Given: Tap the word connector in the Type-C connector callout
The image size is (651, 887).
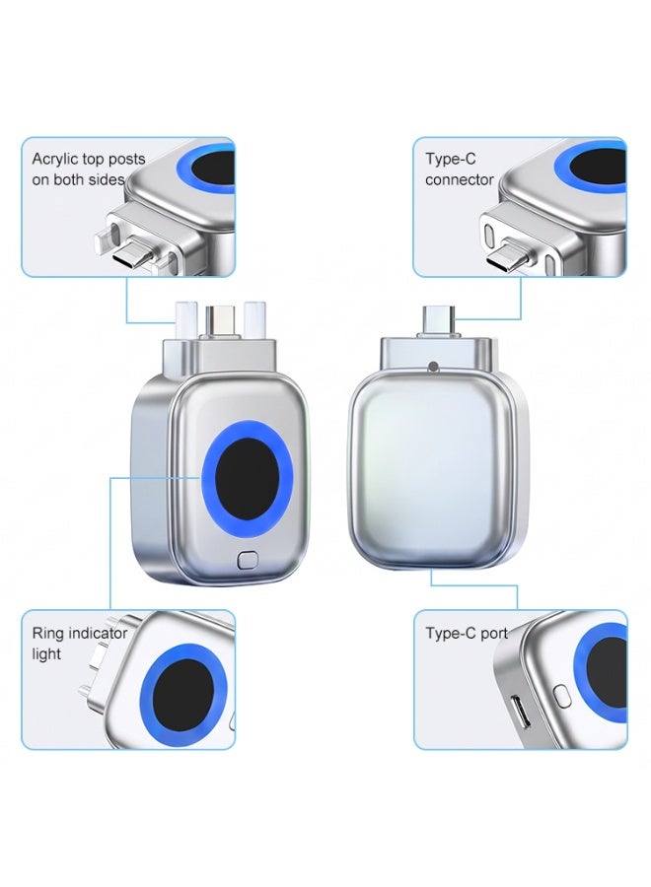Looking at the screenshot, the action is tap(459, 180).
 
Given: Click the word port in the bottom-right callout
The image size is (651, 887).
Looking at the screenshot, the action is tap(494, 634).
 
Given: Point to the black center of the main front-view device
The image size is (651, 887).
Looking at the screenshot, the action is tap(248, 479).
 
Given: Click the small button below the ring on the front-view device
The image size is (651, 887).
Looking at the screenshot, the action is tap(248, 560).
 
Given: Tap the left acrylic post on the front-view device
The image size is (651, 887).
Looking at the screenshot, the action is tap(185, 319).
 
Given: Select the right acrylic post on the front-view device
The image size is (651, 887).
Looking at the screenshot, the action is tap(254, 319).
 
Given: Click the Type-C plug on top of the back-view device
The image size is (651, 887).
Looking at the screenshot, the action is tap(438, 322).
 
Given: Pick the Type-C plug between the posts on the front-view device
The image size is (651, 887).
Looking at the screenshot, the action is tap(220, 322).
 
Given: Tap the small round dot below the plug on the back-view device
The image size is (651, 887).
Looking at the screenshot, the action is tap(434, 367).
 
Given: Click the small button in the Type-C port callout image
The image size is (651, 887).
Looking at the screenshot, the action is tap(560, 696).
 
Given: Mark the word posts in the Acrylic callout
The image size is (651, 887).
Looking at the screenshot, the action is tap(127, 160).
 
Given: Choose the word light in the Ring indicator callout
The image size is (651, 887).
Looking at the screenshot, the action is tap(46, 654).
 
